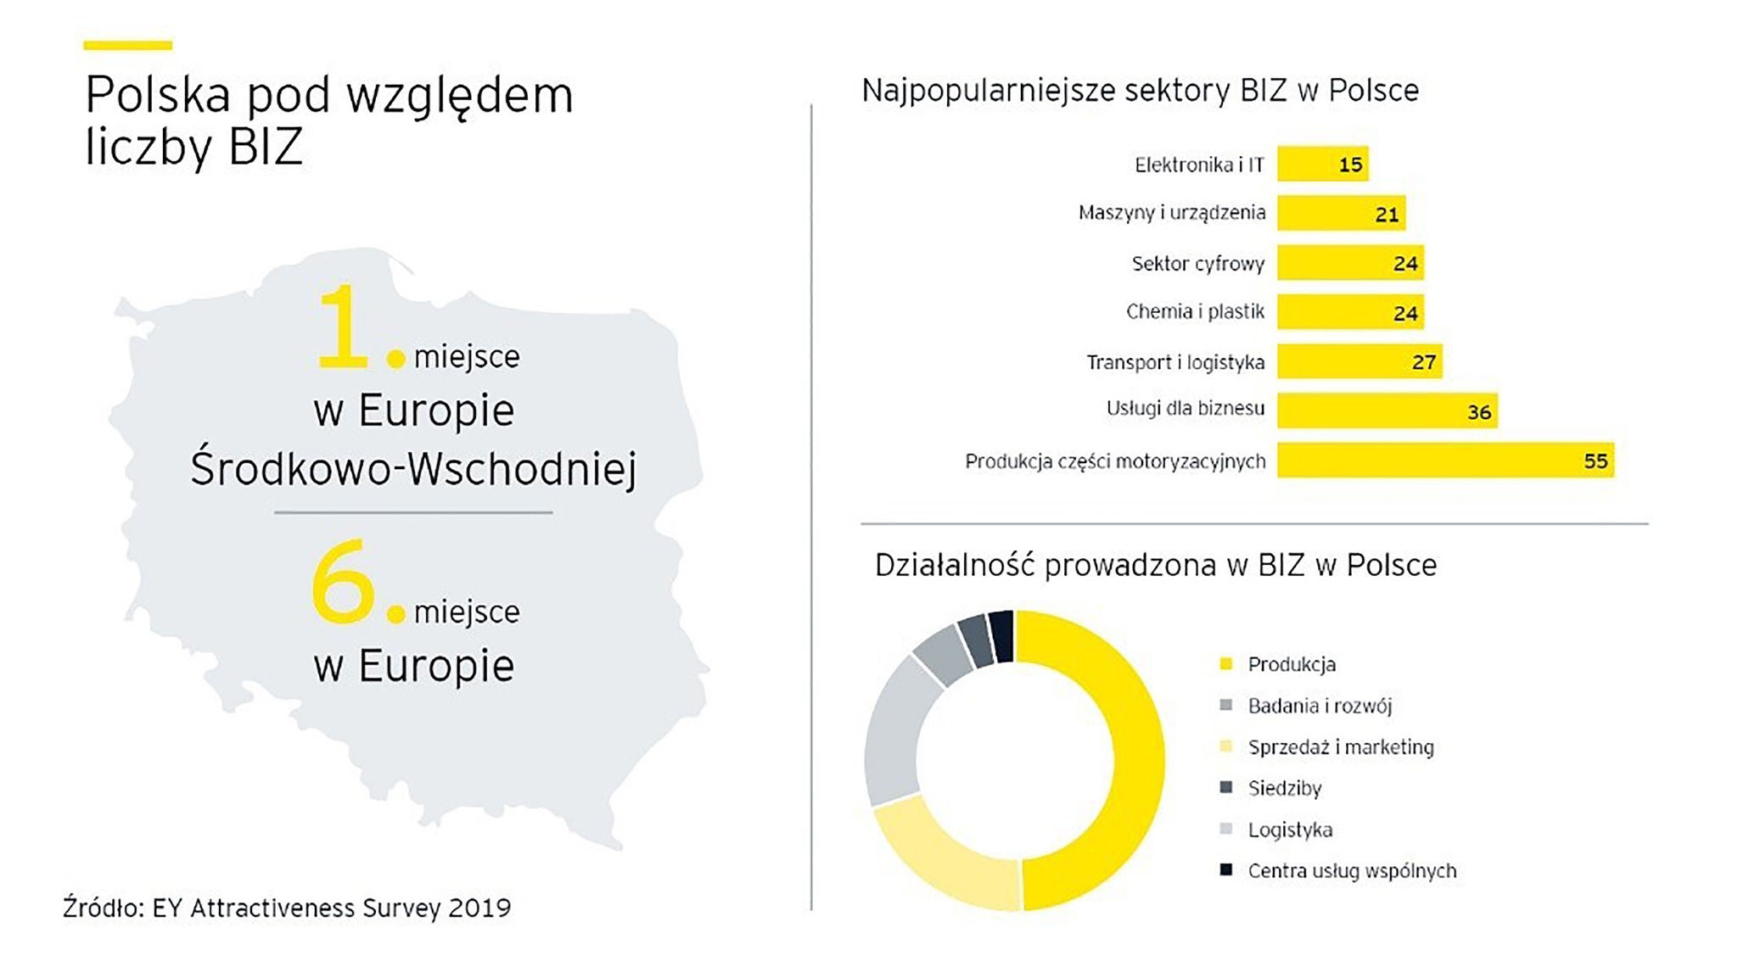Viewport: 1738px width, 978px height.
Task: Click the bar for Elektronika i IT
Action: coord(1322,164)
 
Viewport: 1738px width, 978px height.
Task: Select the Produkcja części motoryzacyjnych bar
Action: coord(1444,461)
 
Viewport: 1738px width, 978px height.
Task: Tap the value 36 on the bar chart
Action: coord(1478,412)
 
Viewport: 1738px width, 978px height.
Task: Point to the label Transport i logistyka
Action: coord(1175,362)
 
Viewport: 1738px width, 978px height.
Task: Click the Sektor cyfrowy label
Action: coord(1197,264)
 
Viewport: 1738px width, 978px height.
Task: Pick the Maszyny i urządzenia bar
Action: coord(1341,213)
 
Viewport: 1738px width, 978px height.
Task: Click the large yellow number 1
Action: coord(342,327)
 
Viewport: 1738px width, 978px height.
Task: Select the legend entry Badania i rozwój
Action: coord(1319,706)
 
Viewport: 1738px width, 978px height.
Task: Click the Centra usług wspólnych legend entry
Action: coord(1351,871)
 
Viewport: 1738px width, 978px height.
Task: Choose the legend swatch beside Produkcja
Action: coord(1225,664)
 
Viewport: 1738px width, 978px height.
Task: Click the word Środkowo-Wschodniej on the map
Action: coord(413,469)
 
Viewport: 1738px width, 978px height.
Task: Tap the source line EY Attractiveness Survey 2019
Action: coord(287,908)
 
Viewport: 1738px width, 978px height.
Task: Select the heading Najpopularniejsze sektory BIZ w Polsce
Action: coord(1140,91)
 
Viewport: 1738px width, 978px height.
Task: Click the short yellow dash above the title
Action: coord(127,45)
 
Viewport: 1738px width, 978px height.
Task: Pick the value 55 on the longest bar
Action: coord(1595,461)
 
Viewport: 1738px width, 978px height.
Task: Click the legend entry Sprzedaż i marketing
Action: coord(1340,747)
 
